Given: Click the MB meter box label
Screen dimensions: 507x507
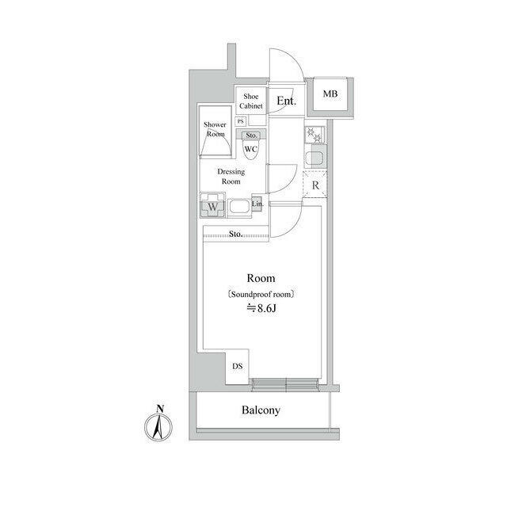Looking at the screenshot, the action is click(330, 93).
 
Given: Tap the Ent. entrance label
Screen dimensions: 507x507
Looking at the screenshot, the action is click(286, 101).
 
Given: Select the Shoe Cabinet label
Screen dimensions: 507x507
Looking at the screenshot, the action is click(251, 101).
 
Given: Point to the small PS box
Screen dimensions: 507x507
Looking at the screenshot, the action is click(241, 121).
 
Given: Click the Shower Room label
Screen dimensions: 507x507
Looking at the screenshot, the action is click(215, 129).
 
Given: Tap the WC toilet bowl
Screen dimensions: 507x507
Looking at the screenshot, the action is click(251, 150).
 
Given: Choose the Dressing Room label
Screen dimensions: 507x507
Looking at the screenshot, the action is click(231, 177).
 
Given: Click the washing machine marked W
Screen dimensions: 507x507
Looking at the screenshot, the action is click(212, 205).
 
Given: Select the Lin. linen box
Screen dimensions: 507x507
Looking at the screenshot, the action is click(257, 204).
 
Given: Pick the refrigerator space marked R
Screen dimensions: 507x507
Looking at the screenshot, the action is click(315, 185).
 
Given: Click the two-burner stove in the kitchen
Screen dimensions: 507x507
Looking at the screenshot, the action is click(314, 135).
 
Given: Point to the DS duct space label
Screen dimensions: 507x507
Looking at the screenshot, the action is click(238, 366).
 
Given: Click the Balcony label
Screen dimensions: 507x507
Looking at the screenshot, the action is click(261, 410).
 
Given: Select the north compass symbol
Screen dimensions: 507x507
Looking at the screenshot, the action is click(158, 424).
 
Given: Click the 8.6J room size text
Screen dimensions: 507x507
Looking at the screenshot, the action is click(261, 308).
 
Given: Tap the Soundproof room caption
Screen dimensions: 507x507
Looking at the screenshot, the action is click(261, 295).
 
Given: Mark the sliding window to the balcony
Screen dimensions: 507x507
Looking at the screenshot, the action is click(285, 383).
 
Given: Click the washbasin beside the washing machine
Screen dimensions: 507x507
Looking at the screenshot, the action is click(239, 208).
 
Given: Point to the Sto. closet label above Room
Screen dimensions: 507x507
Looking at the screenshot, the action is click(236, 234).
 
